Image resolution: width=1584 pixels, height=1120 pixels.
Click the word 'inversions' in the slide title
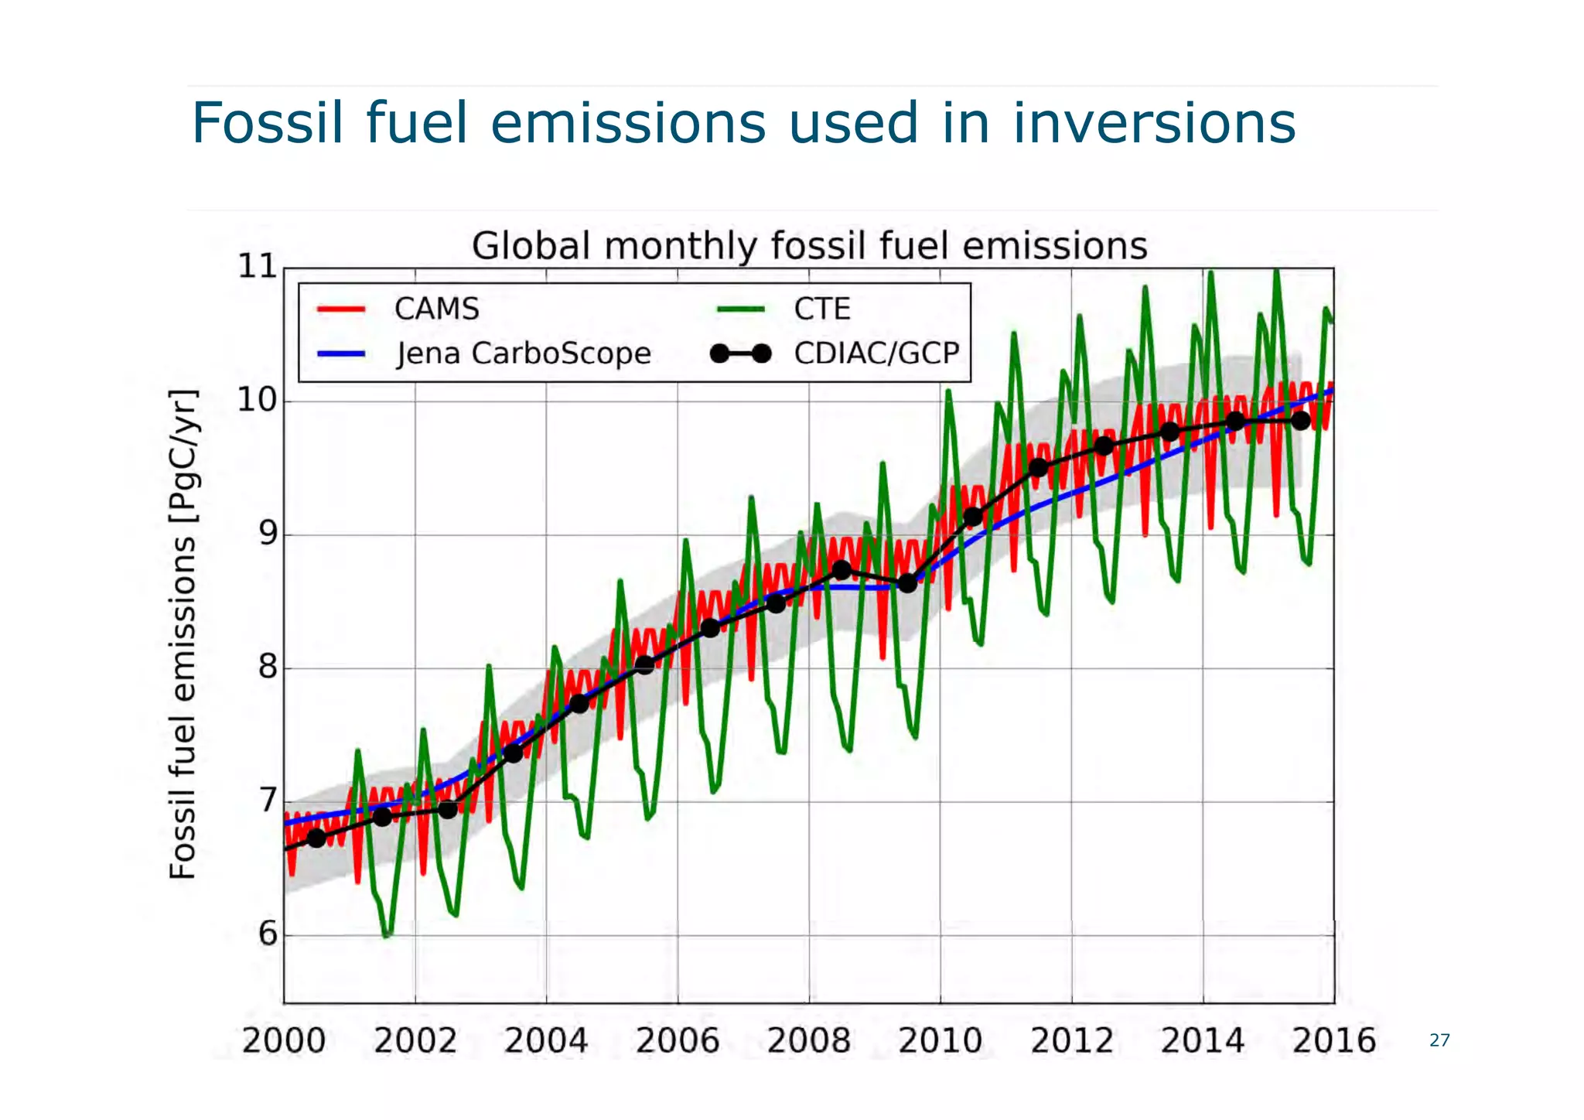pyautogui.click(x=1154, y=124)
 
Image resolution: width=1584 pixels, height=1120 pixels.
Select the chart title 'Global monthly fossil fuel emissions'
pyautogui.click(x=809, y=246)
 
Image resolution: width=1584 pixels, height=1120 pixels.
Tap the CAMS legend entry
pyautogui.click(x=436, y=309)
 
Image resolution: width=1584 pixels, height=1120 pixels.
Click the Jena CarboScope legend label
pyautogui.click(x=523, y=353)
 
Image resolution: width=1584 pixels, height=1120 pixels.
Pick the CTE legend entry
pyautogui.click(x=821, y=309)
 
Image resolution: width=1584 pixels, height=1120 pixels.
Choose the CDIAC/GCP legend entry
pyautogui.click(x=876, y=353)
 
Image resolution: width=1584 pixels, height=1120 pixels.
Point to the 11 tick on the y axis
pyautogui.click(x=258, y=267)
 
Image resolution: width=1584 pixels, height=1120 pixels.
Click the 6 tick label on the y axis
pyautogui.click(x=267, y=934)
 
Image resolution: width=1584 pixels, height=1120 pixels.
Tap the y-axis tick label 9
pyautogui.click(x=267, y=534)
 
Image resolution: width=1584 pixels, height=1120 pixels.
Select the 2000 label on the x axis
pyautogui.click(x=284, y=1040)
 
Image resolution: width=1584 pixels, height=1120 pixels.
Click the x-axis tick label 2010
pyautogui.click(x=940, y=1040)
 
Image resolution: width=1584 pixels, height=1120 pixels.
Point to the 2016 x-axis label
pyautogui.click(x=1333, y=1040)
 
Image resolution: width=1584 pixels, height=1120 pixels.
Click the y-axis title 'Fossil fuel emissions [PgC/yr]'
pyautogui.click(x=183, y=634)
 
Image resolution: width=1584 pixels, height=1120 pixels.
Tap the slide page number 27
pyautogui.click(x=1439, y=1040)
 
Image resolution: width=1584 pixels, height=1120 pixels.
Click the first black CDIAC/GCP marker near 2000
pyautogui.click(x=316, y=838)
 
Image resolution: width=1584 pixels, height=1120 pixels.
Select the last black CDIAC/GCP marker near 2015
pyautogui.click(x=1301, y=421)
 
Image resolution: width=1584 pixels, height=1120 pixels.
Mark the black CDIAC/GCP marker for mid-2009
pyautogui.click(x=907, y=583)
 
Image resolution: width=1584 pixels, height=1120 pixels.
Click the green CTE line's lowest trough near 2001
pyautogui.click(x=387, y=934)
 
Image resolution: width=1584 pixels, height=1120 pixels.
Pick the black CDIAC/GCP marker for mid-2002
pyautogui.click(x=448, y=810)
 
